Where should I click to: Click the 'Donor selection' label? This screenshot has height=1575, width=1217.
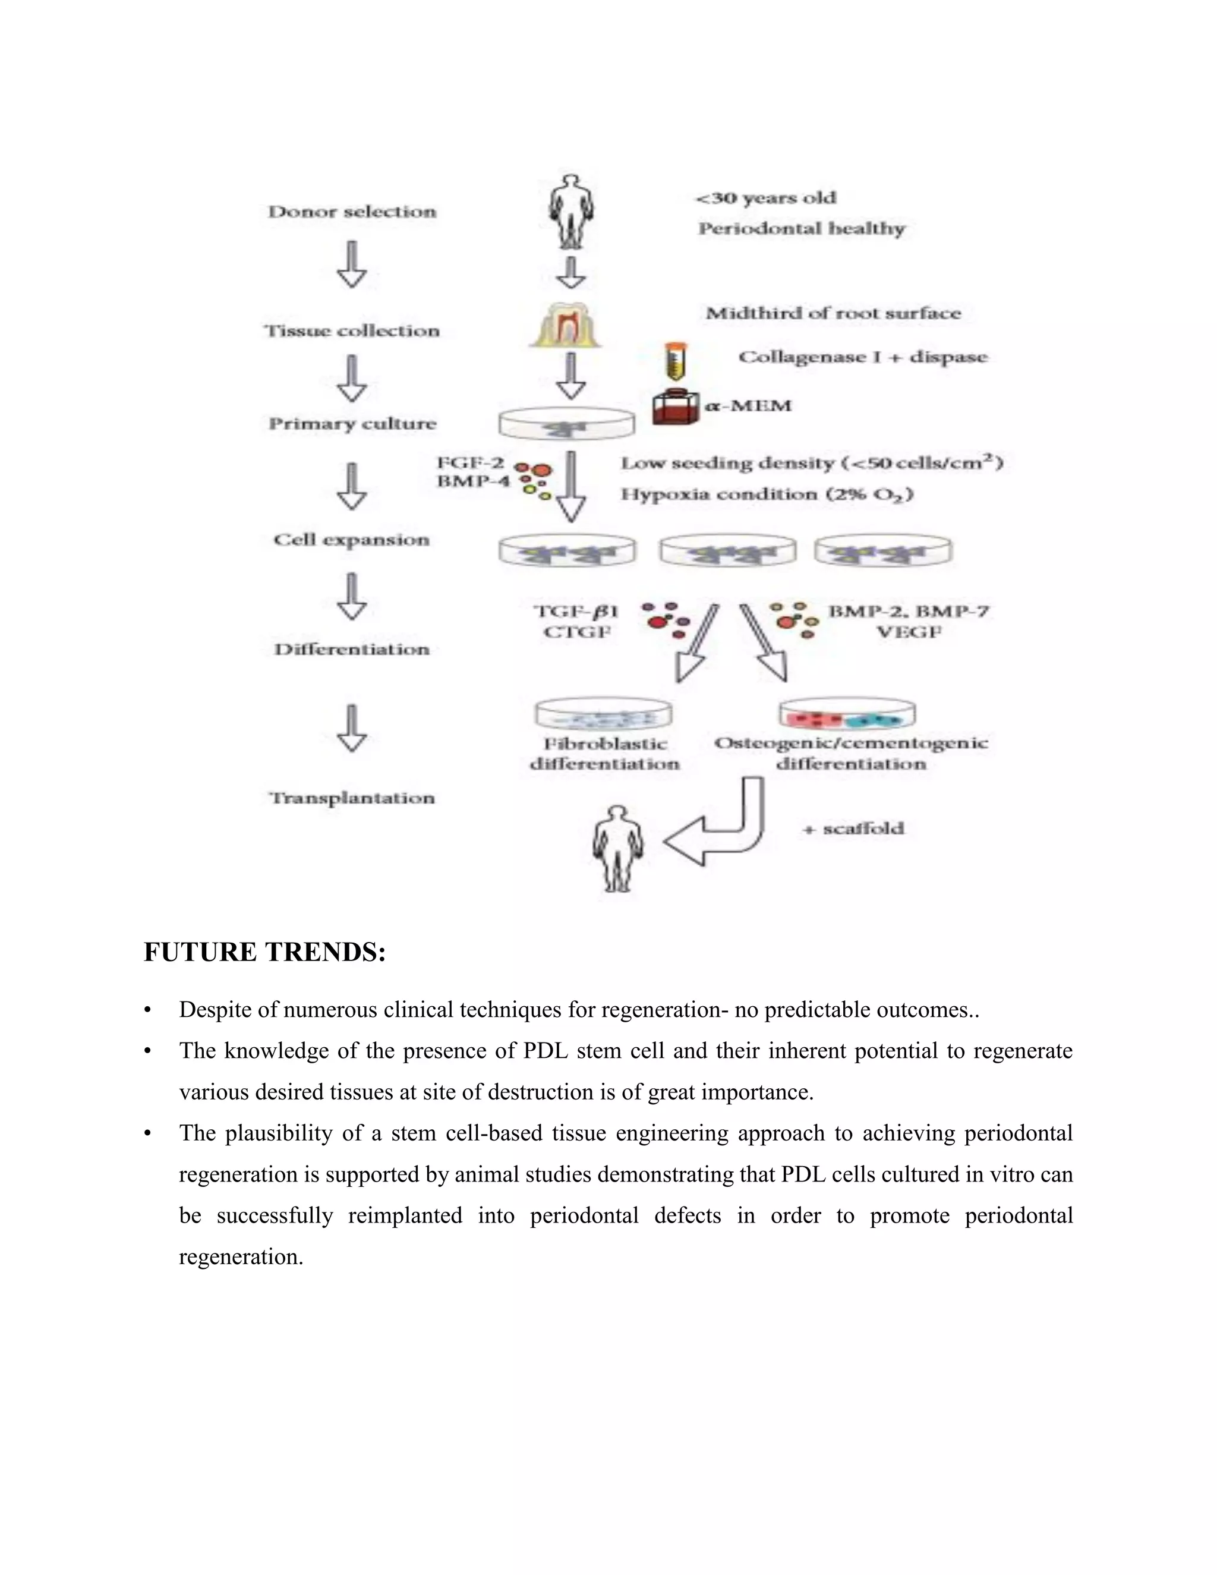coord(352,212)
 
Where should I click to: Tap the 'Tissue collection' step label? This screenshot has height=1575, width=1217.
coord(352,331)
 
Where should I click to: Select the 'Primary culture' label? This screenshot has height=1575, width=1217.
coord(352,423)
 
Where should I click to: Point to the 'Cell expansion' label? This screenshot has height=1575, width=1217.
coord(351,540)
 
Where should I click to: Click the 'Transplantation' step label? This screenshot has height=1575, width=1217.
coord(352,798)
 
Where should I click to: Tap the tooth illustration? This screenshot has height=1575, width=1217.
coord(565,325)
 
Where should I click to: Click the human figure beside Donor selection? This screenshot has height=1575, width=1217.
coord(571,210)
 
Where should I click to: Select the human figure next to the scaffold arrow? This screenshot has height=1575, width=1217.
coord(618,849)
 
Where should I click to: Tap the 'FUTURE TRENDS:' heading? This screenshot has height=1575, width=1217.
coord(264,953)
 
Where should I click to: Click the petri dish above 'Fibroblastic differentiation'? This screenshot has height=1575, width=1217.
coord(604,714)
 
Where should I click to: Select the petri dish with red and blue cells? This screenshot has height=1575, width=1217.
coord(847,714)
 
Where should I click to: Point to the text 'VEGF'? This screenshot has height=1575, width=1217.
coord(909,632)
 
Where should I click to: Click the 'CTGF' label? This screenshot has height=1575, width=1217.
coord(577,632)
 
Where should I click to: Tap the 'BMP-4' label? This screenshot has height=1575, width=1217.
coord(473,481)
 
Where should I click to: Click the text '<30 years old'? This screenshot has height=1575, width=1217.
coord(765,199)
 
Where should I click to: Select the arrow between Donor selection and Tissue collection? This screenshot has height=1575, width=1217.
coord(352,264)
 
